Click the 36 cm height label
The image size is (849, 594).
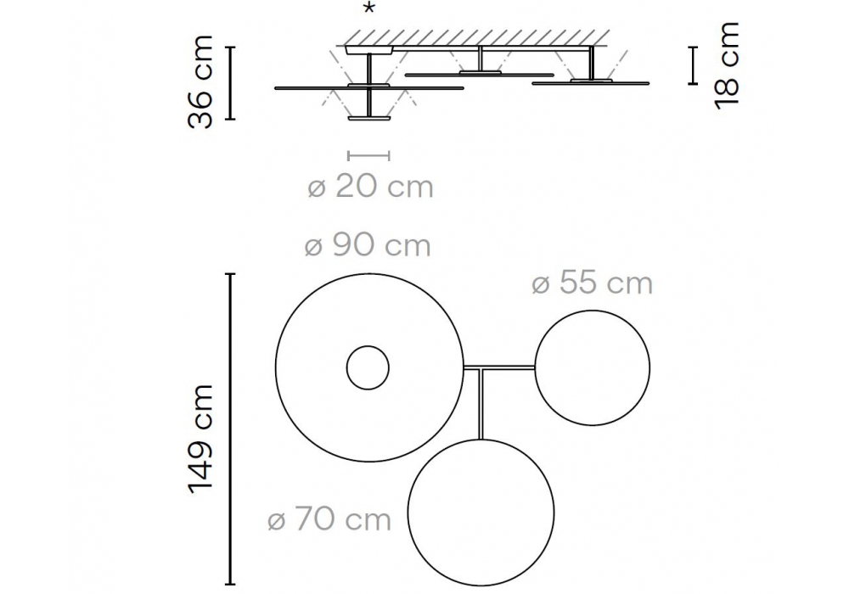point(200,82)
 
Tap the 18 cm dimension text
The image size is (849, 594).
point(728,66)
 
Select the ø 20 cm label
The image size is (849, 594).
point(371,188)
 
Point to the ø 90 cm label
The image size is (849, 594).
point(368,245)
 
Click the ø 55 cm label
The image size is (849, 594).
point(593,283)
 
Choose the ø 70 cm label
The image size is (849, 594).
point(329,520)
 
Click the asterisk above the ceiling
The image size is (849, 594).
point(368,8)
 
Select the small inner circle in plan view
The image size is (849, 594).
point(368,347)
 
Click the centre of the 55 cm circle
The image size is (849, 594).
point(593,368)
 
